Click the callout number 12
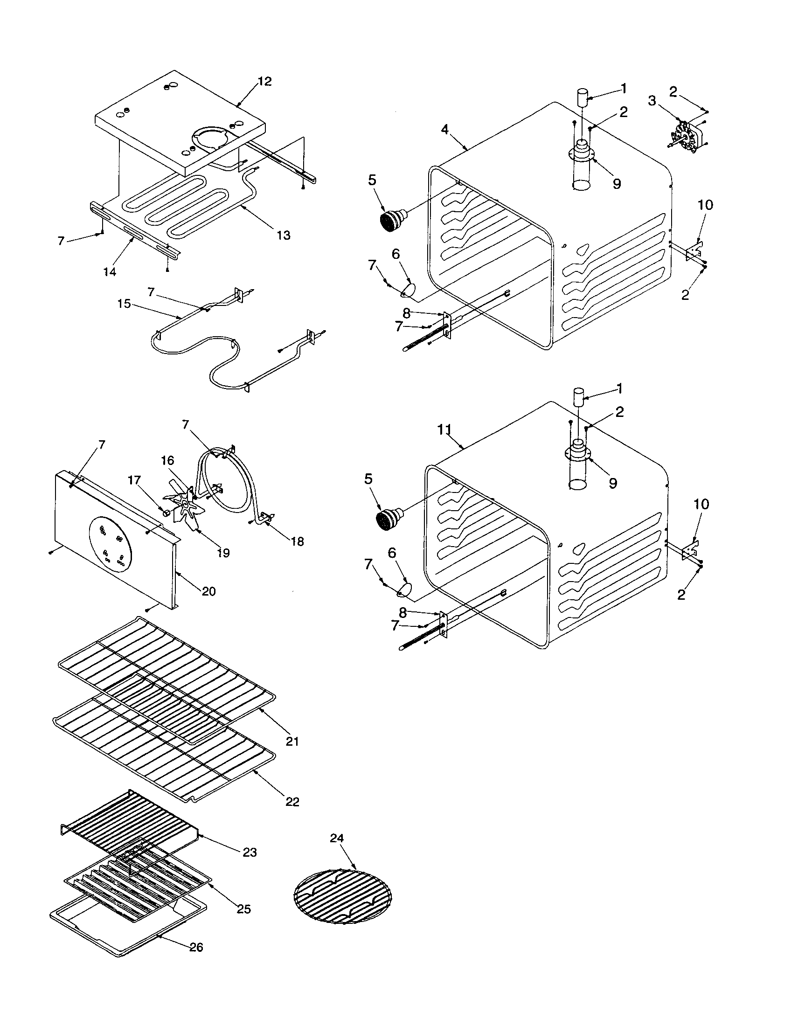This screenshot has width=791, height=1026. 264,82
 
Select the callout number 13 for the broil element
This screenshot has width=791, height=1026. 283,235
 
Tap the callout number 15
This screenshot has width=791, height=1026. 124,304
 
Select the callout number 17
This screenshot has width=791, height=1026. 134,480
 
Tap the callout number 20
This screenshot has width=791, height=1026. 208,591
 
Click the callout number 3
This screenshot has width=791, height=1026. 652,101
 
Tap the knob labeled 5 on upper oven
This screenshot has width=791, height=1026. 391,221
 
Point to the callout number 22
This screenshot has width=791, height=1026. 292,802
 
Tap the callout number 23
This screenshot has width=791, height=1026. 250,852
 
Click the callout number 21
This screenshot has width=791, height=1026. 291,742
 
